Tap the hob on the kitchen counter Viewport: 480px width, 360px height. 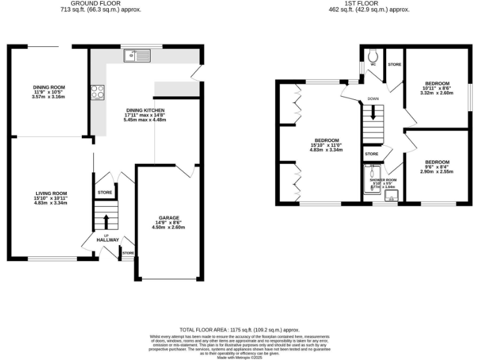pos(97,92)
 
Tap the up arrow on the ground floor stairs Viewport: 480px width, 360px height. pos(105,221)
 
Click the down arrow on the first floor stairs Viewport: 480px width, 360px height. pos(373,113)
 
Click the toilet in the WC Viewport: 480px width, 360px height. pos(372,54)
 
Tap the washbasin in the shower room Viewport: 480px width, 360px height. pos(392,201)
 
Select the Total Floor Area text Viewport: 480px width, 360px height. pos(239,329)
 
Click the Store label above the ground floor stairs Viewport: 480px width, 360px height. pos(105,192)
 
